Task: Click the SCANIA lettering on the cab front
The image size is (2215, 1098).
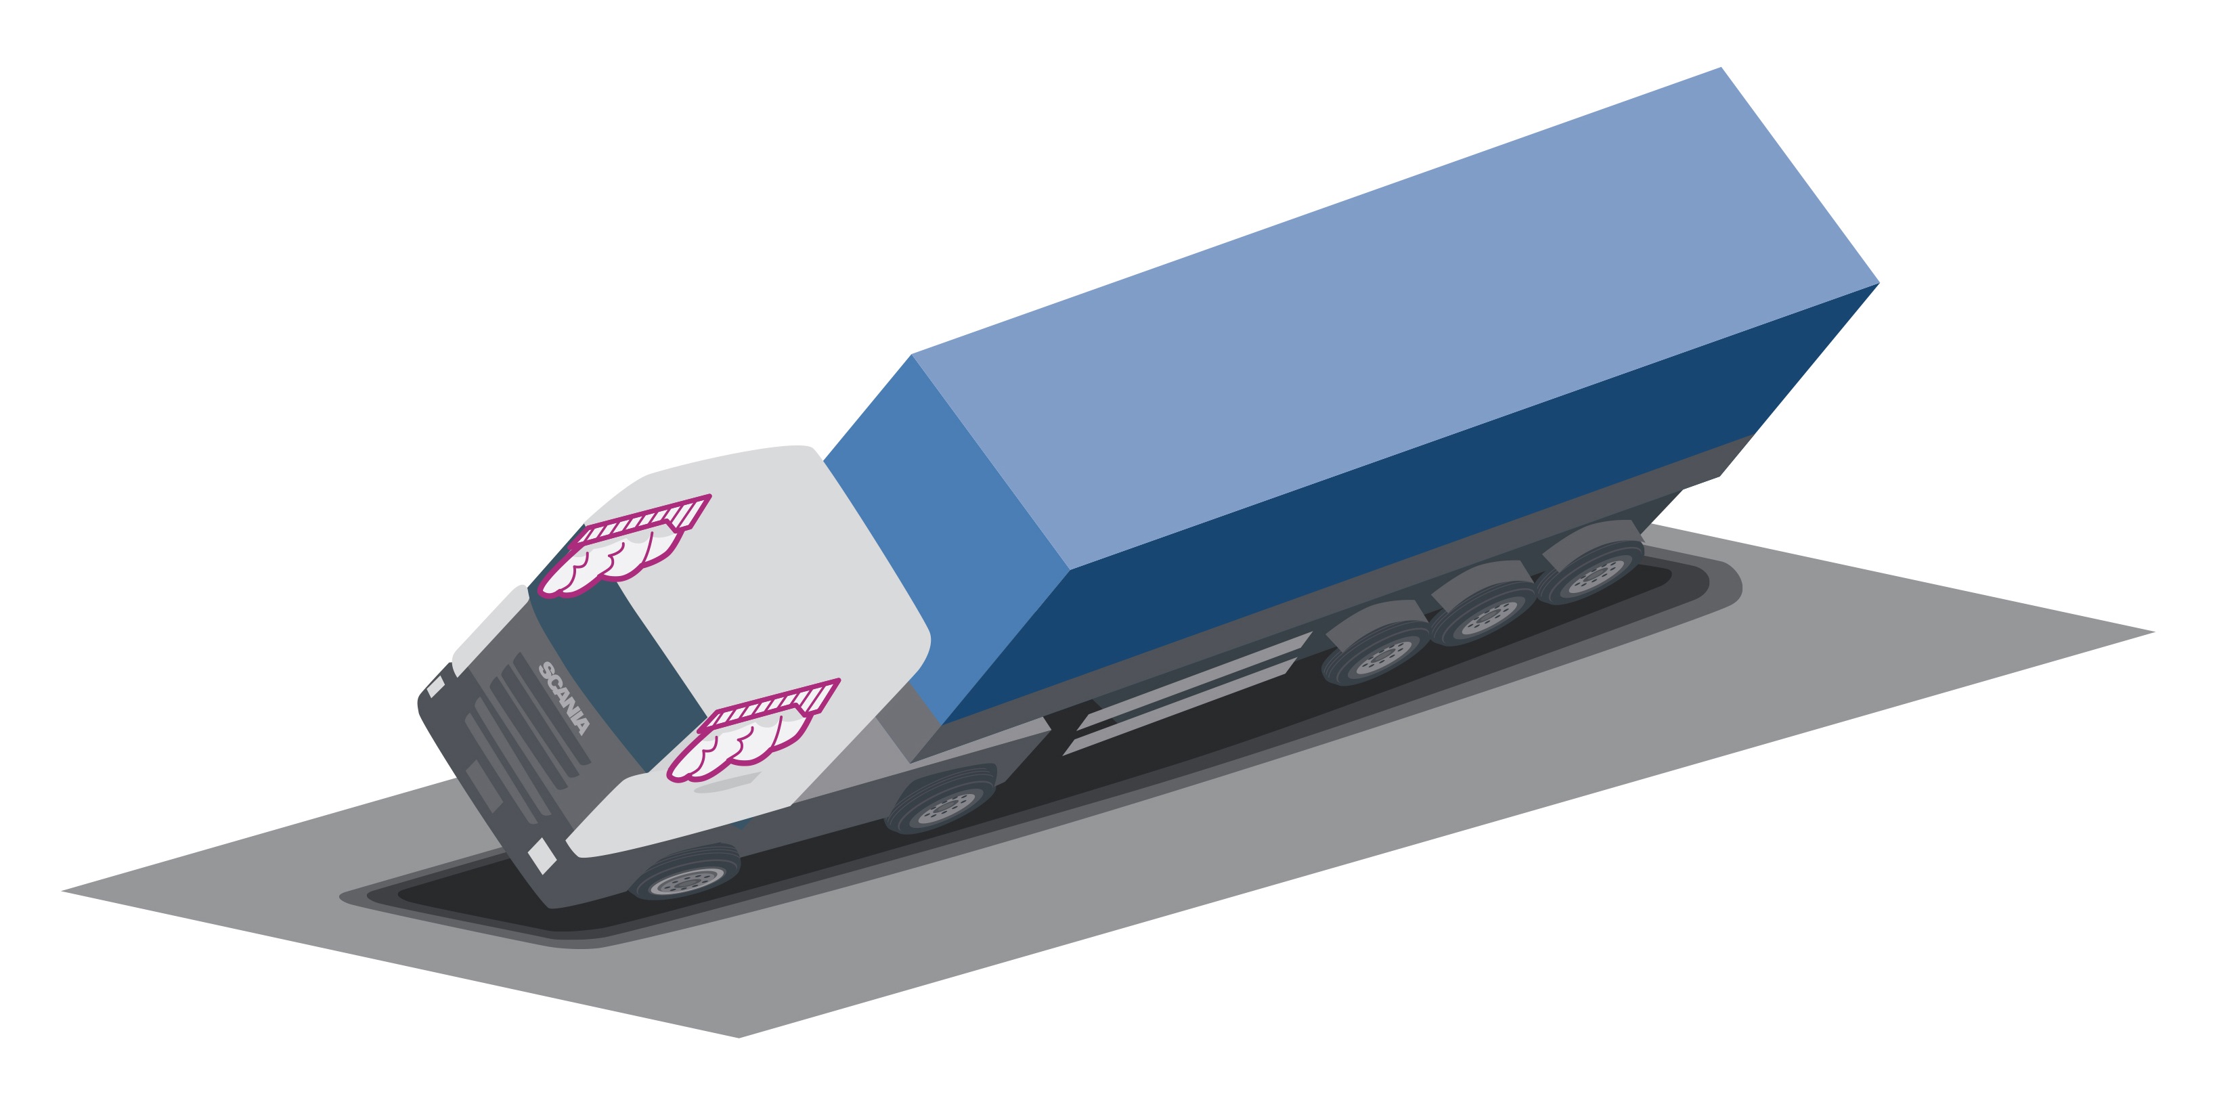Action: tap(564, 697)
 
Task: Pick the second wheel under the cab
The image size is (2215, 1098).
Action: tap(942, 804)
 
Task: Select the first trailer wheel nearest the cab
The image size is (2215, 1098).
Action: tap(1376, 653)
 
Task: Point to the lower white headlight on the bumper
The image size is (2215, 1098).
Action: tap(541, 856)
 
